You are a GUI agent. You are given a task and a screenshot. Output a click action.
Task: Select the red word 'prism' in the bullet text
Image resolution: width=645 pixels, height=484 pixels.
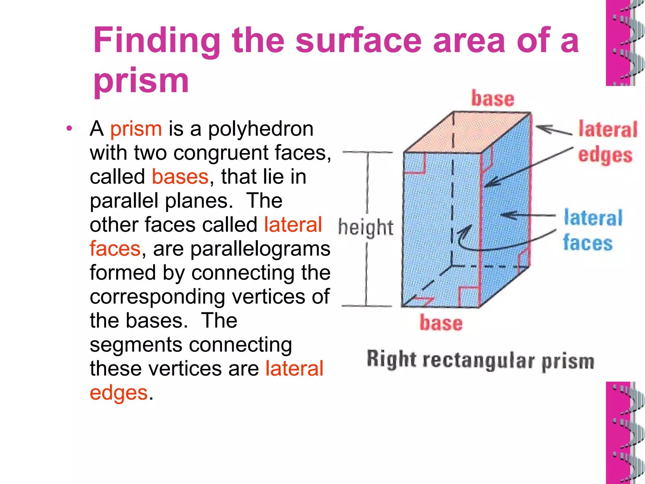(x=136, y=129)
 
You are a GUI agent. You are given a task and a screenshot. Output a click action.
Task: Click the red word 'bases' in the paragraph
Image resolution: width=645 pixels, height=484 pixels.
(x=180, y=177)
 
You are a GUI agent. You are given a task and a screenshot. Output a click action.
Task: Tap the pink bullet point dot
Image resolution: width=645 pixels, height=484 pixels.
(x=69, y=128)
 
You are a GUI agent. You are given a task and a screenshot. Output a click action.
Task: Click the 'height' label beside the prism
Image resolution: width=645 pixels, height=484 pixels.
(x=366, y=227)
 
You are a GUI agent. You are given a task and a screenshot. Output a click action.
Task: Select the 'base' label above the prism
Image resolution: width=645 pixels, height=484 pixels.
(x=493, y=98)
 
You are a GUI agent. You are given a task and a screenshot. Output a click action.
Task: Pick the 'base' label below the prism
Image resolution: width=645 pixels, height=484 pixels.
(x=441, y=323)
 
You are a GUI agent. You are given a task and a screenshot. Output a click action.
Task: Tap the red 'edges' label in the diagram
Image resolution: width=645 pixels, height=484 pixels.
(x=605, y=155)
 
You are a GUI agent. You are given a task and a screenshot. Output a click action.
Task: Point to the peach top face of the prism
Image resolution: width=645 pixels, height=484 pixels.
(x=466, y=132)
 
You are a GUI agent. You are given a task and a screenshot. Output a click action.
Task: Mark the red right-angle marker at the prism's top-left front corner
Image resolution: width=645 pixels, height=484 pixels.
(x=415, y=164)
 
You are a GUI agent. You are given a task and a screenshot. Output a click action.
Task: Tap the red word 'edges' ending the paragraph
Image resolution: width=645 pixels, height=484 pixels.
(x=119, y=393)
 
